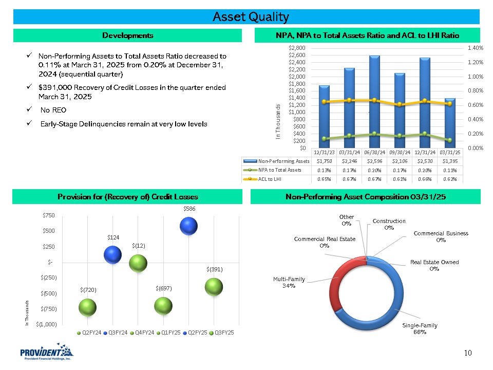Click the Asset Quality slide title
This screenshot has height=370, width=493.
[251, 17]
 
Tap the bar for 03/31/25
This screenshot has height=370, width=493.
[450, 123]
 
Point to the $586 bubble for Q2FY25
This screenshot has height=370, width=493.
[189, 226]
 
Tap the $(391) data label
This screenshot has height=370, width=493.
[214, 269]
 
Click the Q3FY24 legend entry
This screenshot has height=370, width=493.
[116, 332]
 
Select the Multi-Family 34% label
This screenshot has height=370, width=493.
[289, 282]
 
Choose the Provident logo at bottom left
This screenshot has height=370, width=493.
[46, 354]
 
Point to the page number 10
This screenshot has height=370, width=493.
[467, 353]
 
